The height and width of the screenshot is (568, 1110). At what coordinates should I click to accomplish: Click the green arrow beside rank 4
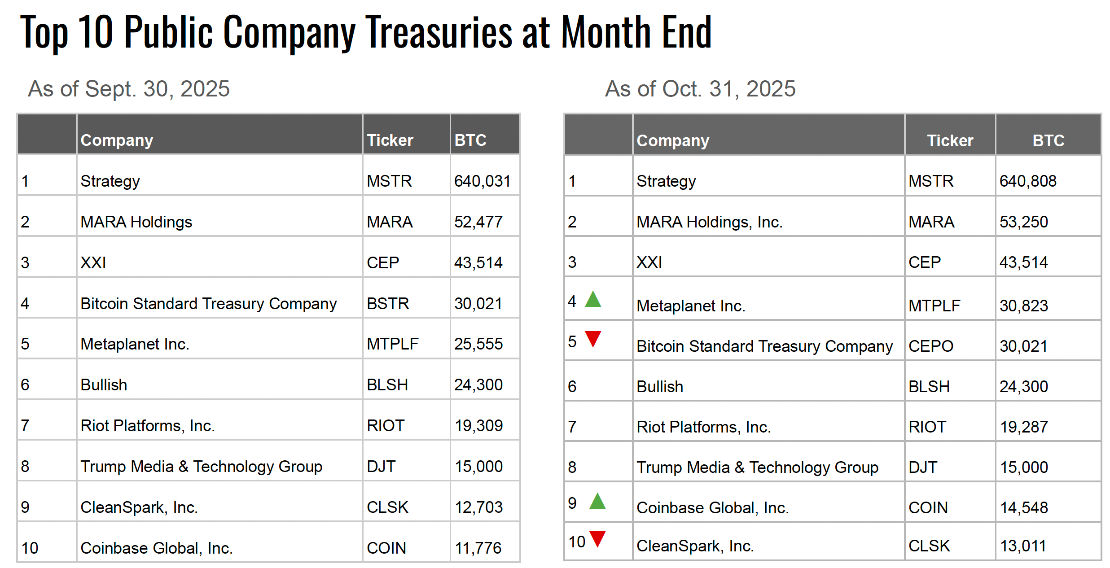pos(593,300)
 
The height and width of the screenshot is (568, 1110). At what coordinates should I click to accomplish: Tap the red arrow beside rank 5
pos(593,338)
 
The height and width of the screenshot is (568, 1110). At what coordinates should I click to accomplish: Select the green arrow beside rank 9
pos(597,501)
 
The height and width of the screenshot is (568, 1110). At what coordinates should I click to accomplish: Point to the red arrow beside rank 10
pos(597,538)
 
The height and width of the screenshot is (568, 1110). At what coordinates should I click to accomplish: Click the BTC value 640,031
pos(483,181)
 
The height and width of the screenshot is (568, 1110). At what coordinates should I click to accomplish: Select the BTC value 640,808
pos(1028,181)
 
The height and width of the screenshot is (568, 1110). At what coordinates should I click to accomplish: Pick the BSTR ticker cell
pos(388,304)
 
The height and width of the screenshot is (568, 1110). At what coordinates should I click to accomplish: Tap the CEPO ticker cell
pos(931,346)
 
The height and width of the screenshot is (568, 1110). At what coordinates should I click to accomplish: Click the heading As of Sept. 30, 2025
pos(129,89)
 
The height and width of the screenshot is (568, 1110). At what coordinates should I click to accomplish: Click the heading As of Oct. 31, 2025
pos(700,89)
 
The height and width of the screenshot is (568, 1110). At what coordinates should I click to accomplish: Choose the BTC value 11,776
pos(478,548)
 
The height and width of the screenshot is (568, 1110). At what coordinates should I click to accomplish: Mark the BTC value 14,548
pos(1024,508)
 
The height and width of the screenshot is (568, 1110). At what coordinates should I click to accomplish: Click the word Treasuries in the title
pos(439,32)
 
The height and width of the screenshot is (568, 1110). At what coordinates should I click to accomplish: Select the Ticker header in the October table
pos(950,141)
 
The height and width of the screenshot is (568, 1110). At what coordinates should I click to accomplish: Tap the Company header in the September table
pos(117,140)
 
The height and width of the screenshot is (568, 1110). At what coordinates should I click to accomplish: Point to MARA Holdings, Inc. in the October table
pos(709,222)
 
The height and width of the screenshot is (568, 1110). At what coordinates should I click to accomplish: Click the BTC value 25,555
pos(478,344)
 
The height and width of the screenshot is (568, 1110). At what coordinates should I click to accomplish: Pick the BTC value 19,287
pos(1024,427)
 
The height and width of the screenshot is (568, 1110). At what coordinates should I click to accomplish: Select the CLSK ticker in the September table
pos(387,507)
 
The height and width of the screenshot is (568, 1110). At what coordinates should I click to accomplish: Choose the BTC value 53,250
pos(1023,222)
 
